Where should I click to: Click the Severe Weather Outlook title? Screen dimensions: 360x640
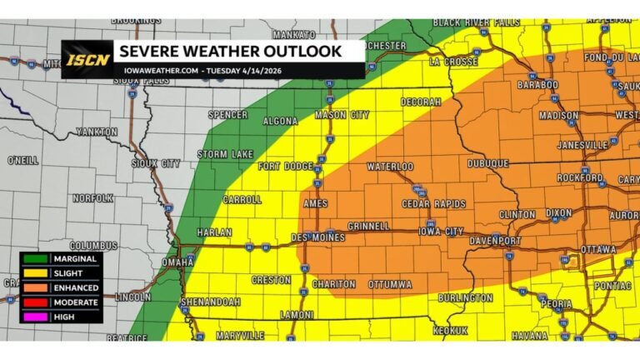[231, 52]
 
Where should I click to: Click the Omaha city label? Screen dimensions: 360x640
[177, 262]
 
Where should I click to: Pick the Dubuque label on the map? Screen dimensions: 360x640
[487, 163]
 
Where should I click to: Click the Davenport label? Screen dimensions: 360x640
[498, 241]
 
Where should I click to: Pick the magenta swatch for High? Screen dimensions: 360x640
[32, 315]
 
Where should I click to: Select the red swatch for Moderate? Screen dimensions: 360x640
[32, 301]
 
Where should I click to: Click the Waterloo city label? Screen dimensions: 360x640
[390, 167]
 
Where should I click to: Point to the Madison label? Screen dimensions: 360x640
[558, 116]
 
